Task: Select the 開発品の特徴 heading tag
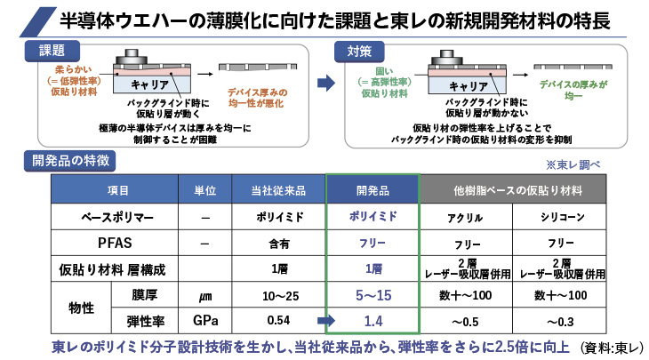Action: (x=70, y=160)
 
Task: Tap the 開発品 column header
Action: (x=372, y=189)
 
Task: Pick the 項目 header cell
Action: (x=117, y=189)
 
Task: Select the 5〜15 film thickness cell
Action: (x=372, y=295)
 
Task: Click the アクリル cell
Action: (x=462, y=216)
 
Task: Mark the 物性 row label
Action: (x=81, y=308)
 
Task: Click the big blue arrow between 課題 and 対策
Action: (x=325, y=84)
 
